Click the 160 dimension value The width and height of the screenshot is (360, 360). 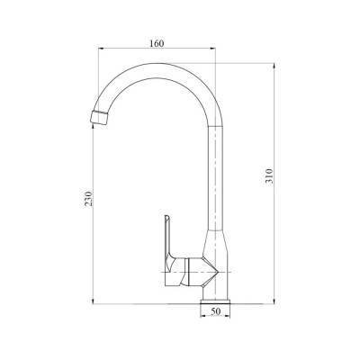click(158, 41)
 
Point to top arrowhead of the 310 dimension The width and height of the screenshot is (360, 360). click(274, 66)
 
